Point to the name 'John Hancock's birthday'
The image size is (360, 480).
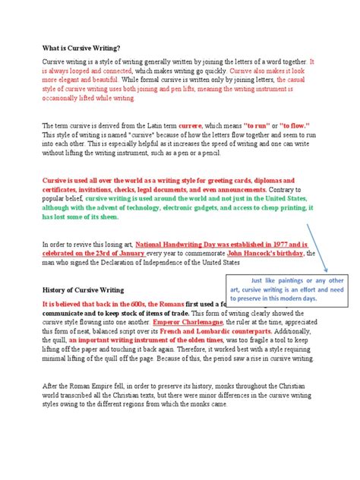[x=266, y=254]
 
